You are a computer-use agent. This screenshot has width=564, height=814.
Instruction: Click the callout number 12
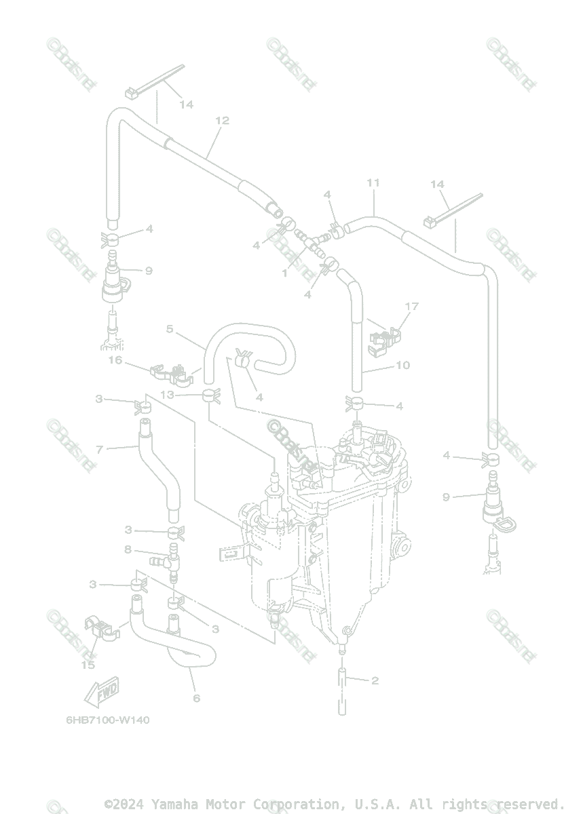pos(222,121)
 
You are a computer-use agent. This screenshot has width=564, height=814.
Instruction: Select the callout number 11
pos(373,183)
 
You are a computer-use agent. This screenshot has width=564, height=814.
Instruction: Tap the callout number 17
pos(411,307)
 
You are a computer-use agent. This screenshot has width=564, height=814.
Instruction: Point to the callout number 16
pos(116,360)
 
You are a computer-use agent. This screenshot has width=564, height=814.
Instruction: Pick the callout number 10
pos(402,366)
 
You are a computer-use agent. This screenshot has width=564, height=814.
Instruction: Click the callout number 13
pos(167,395)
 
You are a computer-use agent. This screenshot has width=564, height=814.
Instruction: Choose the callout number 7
pos(100,449)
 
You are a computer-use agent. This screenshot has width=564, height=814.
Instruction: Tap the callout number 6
pos(197,698)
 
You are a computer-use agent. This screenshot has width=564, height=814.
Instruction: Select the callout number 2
pos(375,680)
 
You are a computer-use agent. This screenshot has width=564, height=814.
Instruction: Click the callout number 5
pos(170,330)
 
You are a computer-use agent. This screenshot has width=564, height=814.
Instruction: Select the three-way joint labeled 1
pos(309,242)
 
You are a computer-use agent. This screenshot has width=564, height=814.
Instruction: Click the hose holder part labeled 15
pos(100,629)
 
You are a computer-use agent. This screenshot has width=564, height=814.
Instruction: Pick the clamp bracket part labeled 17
pos(383,340)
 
